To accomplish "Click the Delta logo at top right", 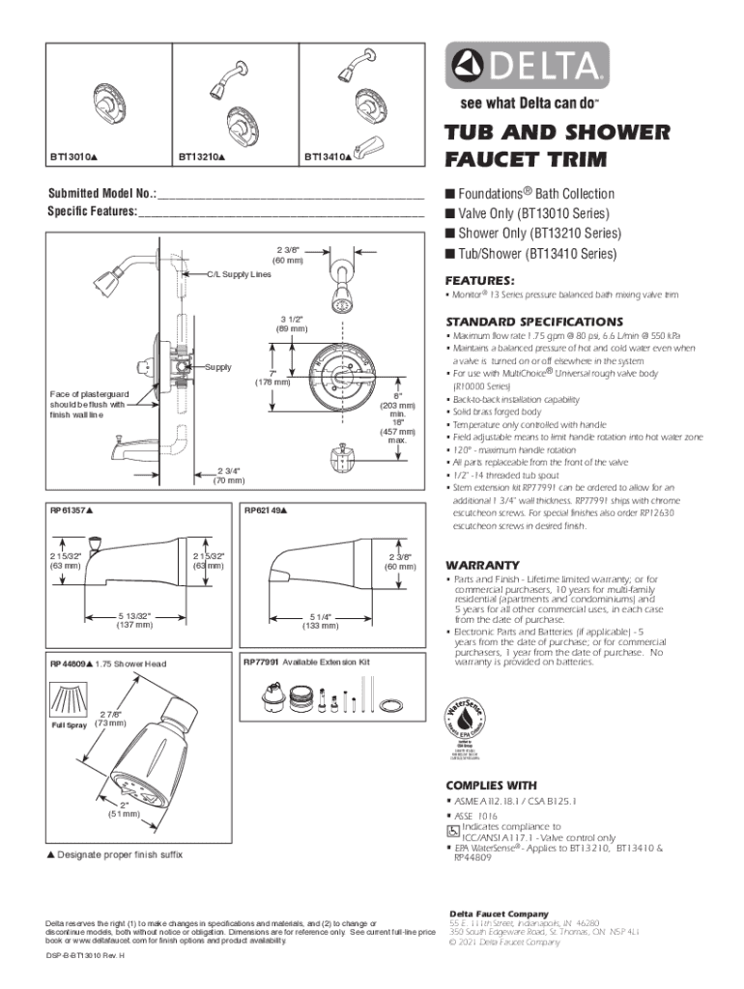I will coord(528,68).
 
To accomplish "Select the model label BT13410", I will coord(328,155).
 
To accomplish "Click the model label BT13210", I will coord(201,155).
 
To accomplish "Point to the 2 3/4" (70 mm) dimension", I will coord(229,474).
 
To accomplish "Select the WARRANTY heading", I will coord(483,565).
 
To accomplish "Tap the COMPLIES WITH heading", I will coord(490,785).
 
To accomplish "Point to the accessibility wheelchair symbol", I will coord(452,831).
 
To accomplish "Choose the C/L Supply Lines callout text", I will coord(241,273).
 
